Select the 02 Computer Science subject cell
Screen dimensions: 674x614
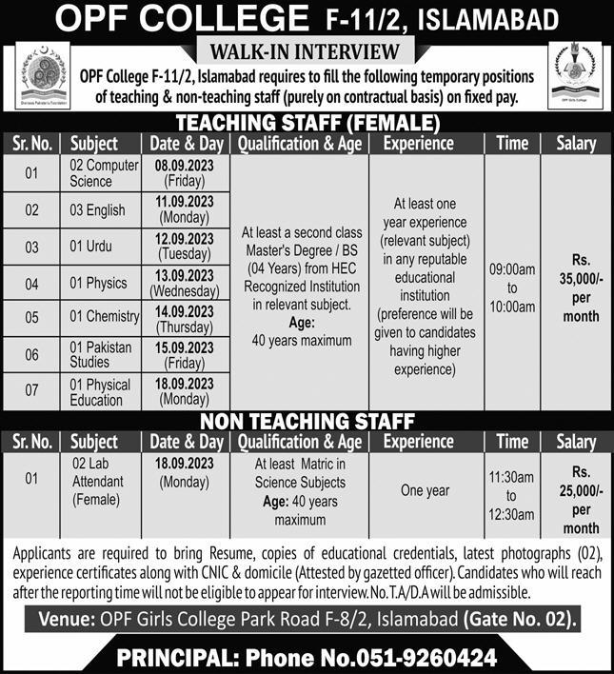click(x=103, y=172)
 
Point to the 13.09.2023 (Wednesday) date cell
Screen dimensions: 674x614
click(x=185, y=284)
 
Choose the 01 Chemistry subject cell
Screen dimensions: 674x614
click(x=104, y=316)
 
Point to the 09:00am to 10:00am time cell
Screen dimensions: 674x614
click(x=512, y=283)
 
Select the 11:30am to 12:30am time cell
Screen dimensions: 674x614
click(x=512, y=496)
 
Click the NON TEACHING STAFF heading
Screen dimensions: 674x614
click(x=307, y=421)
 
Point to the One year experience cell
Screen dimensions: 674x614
click(x=425, y=489)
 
